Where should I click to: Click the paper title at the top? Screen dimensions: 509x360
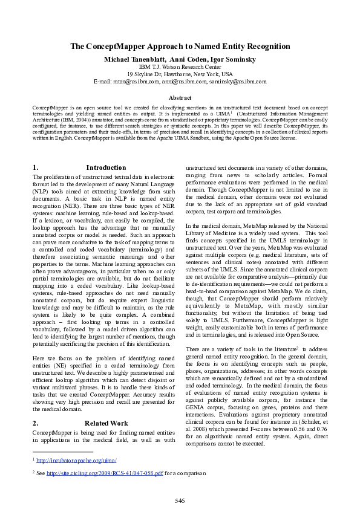(x=180, y=47)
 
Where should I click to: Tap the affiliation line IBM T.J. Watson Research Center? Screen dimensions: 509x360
(x=180, y=66)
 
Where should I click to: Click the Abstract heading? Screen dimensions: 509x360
(x=180, y=97)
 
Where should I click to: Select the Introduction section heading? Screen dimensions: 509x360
(x=106, y=167)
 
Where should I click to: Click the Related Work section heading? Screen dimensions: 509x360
(x=106, y=423)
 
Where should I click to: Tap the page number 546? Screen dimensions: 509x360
(x=180, y=501)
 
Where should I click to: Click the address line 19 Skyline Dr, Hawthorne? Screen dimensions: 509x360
(x=180, y=74)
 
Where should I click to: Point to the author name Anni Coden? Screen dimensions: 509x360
(x=185, y=59)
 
